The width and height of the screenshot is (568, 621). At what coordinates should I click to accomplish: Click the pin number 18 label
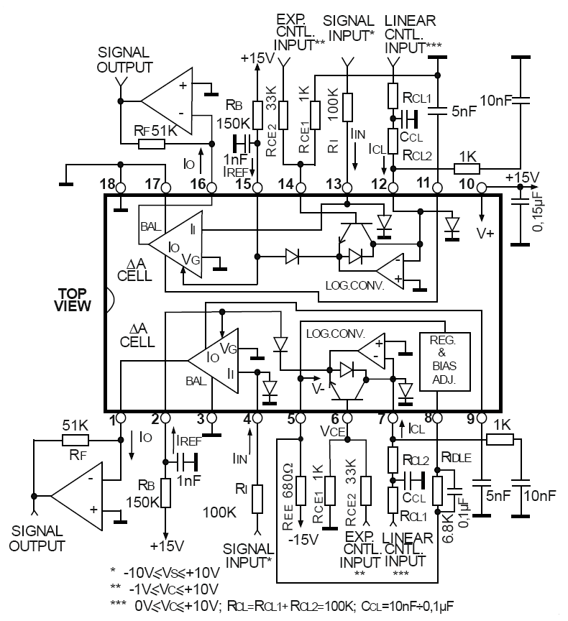[x=107, y=184]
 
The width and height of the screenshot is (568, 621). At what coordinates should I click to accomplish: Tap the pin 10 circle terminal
[x=482, y=187]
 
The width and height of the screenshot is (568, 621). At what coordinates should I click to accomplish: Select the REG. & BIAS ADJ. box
[x=445, y=362]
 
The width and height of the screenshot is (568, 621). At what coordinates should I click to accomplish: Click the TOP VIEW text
[x=73, y=300]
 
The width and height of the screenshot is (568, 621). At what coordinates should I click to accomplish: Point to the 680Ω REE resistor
[x=301, y=491]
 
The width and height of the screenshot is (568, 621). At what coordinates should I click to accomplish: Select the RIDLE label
[x=457, y=458]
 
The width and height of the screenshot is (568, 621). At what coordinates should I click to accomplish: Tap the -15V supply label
[x=303, y=539]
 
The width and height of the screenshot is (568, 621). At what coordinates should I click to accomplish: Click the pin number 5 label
[x=291, y=418]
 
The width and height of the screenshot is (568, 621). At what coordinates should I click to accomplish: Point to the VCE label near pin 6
[x=333, y=431]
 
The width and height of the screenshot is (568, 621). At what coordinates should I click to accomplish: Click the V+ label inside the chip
[x=485, y=234]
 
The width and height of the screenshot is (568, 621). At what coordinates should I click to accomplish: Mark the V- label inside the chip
[x=318, y=389]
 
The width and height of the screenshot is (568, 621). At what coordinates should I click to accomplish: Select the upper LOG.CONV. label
[x=355, y=285]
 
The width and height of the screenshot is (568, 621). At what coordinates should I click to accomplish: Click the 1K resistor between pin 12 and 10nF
[x=467, y=169]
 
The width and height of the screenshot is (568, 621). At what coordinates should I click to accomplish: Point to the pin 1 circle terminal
[x=121, y=418]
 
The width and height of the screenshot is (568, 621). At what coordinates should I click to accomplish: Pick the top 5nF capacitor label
[x=464, y=111]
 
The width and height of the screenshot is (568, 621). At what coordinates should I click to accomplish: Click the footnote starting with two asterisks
[x=165, y=589]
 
